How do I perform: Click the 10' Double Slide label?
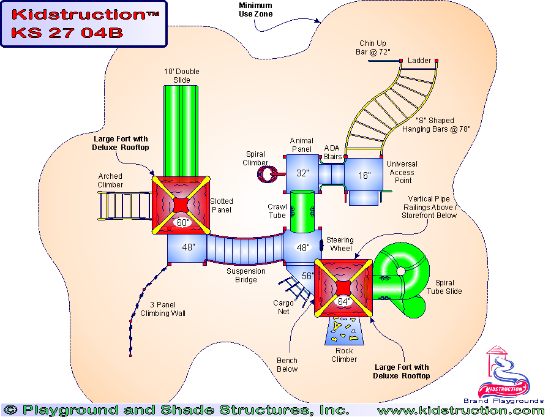[182, 76]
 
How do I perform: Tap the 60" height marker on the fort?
[182, 223]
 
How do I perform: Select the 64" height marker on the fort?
[343, 301]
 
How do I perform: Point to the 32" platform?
[302, 173]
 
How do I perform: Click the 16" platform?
[365, 176]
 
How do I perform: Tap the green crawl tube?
[302, 211]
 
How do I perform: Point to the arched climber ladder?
[124, 205]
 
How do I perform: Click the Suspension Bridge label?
[246, 276]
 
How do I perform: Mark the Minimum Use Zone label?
[256, 10]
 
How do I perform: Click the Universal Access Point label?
[402, 173]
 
